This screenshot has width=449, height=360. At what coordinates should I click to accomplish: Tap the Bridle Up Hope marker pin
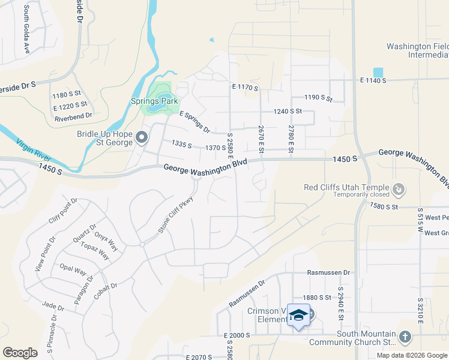click(142, 139)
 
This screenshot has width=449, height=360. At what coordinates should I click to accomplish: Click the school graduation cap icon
click(298, 315)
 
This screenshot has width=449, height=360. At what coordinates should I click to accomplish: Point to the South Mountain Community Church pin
click(405, 337)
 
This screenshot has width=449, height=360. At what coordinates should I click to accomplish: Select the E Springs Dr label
click(194, 122)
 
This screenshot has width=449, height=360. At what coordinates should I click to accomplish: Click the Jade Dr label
click(53, 305)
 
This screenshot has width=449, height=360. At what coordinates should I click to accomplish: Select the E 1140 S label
click(373, 80)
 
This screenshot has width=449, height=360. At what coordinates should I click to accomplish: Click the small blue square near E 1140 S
click(378, 72)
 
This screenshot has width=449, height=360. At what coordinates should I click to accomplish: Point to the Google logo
click(20, 353)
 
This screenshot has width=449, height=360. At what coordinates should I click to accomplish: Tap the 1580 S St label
click(384, 207)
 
